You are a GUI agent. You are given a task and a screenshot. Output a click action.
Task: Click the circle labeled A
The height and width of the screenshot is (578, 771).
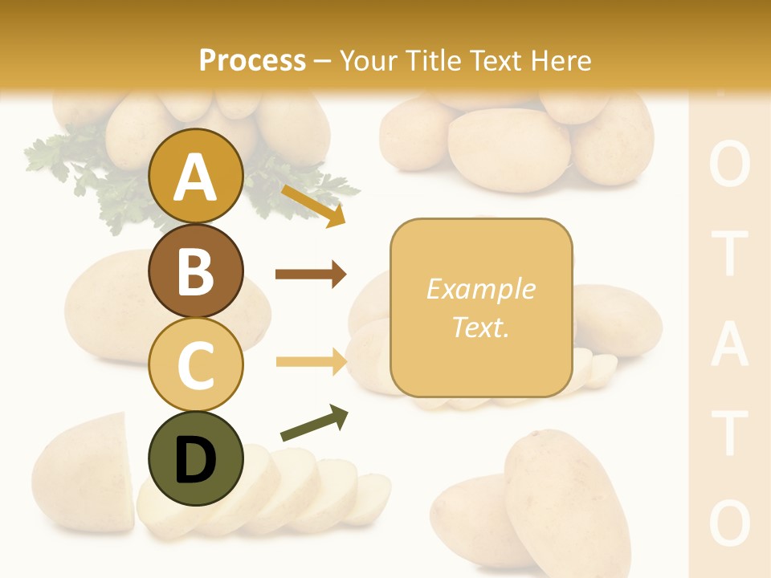coord(195,176)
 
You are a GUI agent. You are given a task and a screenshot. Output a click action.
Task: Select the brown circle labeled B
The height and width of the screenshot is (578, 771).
coord(195,271)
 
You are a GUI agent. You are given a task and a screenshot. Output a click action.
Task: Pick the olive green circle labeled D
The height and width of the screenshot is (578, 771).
coord(195,458)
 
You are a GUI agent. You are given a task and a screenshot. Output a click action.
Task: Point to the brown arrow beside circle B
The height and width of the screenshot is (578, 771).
coord(310,275)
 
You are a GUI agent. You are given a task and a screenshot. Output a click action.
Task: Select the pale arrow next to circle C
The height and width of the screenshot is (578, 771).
coord(310,362)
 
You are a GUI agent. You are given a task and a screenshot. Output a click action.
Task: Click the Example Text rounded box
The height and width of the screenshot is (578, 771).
coord(481,307)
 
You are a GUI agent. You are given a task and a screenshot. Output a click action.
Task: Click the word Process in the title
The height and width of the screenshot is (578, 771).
coord(252,60)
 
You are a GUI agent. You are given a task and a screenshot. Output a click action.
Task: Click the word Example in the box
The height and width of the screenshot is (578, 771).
coord(481,289)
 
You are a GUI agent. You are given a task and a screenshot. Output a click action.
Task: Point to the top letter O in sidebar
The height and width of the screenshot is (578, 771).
coord(730,166)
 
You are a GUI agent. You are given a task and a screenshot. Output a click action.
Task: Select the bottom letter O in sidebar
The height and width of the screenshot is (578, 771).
coord(730,522)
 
